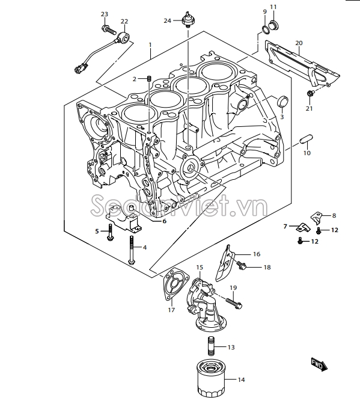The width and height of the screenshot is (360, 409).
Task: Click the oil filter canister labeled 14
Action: [x=209, y=379]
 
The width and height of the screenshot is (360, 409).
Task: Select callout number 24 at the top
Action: [x=168, y=21]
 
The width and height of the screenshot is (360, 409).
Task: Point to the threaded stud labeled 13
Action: [x=210, y=347]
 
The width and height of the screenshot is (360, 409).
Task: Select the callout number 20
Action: [x=299, y=43]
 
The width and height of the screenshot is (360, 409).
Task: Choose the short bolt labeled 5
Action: [x=110, y=230]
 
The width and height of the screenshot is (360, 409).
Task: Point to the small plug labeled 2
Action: [x=148, y=79]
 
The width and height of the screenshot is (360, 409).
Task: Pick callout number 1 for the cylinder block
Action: [x=150, y=45]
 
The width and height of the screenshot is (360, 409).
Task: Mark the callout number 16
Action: [x=256, y=254]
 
